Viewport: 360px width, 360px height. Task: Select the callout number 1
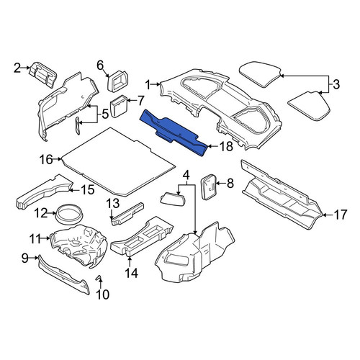click(x=148, y=84)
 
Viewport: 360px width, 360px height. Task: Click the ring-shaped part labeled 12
click(x=69, y=213)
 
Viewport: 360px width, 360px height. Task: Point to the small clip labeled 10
click(x=99, y=278)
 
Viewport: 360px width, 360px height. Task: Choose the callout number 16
click(x=46, y=159)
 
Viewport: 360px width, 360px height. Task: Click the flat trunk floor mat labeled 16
click(x=119, y=161)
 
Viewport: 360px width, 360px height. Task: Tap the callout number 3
click(x=336, y=84)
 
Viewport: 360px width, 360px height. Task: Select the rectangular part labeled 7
click(x=119, y=106)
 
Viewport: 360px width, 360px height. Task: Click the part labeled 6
click(x=117, y=81)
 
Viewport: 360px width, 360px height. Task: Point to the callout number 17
click(x=341, y=215)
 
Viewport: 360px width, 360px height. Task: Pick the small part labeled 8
click(x=208, y=186)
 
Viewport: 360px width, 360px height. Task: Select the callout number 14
click(x=131, y=273)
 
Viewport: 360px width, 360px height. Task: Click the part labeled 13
click(x=127, y=214)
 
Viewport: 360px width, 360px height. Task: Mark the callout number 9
click(x=25, y=258)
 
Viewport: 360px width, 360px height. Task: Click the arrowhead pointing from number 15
click(x=71, y=191)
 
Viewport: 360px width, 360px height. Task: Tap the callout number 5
click(x=105, y=114)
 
